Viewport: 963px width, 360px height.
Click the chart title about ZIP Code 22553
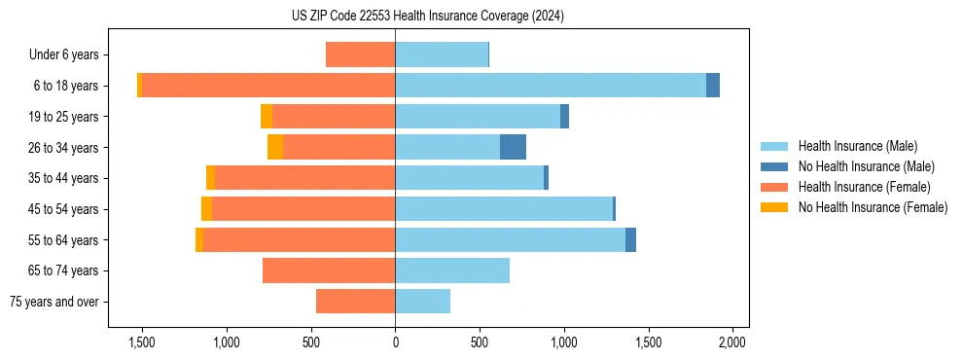tap(427, 17)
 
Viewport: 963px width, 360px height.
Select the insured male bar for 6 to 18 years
tap(551, 86)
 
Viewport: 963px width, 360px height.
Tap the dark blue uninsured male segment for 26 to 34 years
tap(513, 147)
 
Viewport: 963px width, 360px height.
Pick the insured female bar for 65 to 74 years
tap(329, 270)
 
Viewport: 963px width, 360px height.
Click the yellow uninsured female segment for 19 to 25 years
tap(267, 117)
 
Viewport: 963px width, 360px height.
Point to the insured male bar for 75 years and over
tap(423, 302)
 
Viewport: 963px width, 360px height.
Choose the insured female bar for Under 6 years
tap(360, 54)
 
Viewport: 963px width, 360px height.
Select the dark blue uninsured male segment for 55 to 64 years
tap(630, 239)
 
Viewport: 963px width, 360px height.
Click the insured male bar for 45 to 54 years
tap(504, 209)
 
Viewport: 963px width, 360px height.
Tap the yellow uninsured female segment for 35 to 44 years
tap(211, 178)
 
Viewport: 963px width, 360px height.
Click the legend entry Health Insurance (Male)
tap(857, 146)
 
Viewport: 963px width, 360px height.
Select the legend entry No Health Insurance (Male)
tap(866, 166)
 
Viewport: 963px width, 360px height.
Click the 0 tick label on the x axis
tap(395, 342)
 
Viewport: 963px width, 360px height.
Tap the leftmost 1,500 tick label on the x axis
tap(142, 342)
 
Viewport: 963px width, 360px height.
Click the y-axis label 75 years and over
tap(54, 302)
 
